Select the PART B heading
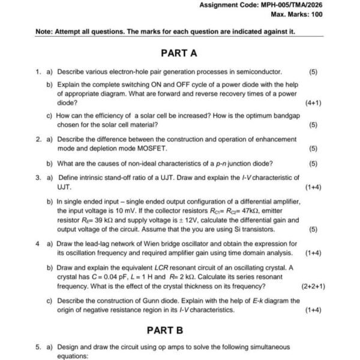(x=165, y=330)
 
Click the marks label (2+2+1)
(x=313, y=286)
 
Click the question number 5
(x=37, y=347)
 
